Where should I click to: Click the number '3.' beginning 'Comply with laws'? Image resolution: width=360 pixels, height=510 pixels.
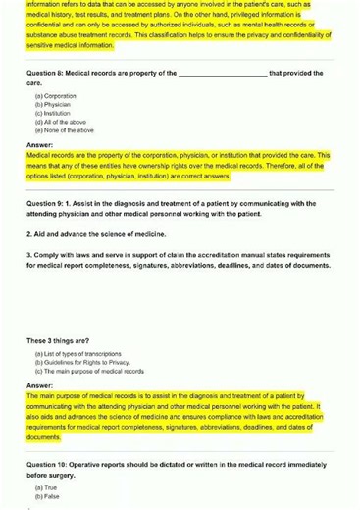point(29,256)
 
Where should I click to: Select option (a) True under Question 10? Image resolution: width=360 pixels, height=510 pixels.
point(45,486)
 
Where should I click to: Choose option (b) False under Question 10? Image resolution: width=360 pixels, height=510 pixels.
point(46,495)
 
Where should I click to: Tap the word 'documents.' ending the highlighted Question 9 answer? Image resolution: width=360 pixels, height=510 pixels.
point(45,437)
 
